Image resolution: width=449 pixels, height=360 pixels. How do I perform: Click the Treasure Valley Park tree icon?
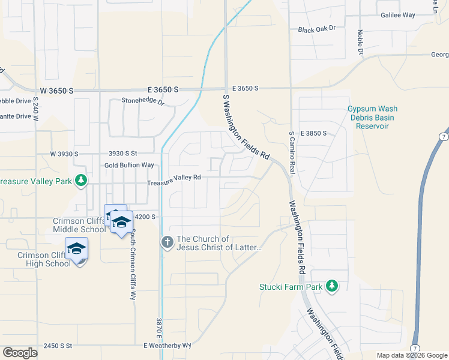pyautogui.click(x=79, y=181)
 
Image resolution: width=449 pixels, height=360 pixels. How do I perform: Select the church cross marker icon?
pyautogui.click(x=166, y=243)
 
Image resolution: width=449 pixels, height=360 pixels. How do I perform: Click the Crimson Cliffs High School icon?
pyautogui.click(x=77, y=248)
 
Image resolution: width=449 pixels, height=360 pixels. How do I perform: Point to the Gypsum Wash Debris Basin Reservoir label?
pyautogui.click(x=372, y=118)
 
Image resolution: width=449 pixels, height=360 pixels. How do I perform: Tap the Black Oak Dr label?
pyautogui.click(x=316, y=28)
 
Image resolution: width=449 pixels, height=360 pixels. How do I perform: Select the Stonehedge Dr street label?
pyautogui.click(x=143, y=101)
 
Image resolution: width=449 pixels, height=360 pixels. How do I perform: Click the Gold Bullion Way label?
pyautogui.click(x=129, y=165)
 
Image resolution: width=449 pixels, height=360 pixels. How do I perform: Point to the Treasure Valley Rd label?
pyautogui.click(x=174, y=178)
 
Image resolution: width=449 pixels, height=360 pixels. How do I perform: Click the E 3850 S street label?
pyautogui.click(x=315, y=133)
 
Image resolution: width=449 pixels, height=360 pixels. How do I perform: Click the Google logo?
pyautogui.click(x=20, y=353)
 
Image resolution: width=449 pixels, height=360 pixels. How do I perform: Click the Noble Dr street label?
pyautogui.click(x=361, y=42)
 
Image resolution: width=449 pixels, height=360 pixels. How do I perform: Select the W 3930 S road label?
pyautogui.click(x=64, y=154)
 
